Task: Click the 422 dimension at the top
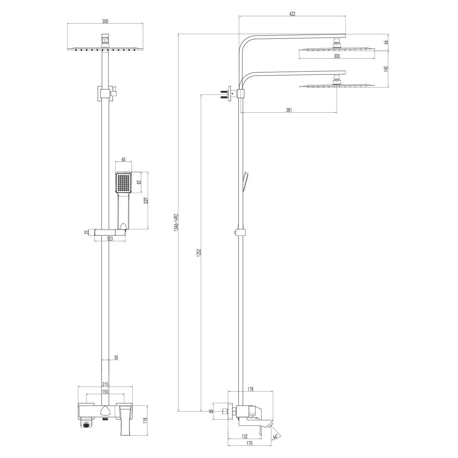(x=292, y=14)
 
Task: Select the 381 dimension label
(x=289, y=110)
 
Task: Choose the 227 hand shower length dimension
(x=146, y=200)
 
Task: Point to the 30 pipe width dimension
(x=116, y=357)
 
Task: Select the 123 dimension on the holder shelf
(x=110, y=238)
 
